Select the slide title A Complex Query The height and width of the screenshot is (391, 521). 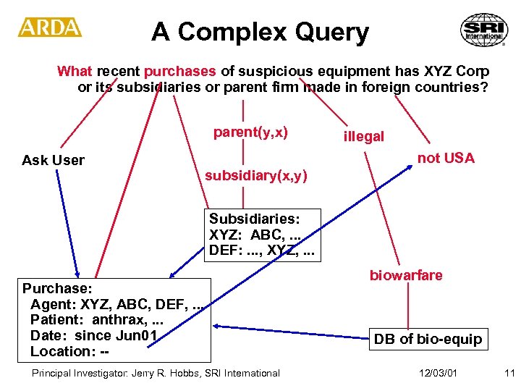tap(260, 32)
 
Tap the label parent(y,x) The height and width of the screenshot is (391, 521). tap(250, 133)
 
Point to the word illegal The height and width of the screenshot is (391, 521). tap(364, 137)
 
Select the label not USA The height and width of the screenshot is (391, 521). tap(446, 159)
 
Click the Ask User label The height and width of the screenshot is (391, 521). tap(53, 160)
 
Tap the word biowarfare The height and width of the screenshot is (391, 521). tap(406, 275)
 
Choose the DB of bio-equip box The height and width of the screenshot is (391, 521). tap(427, 339)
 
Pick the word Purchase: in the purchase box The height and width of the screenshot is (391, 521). tap(56, 287)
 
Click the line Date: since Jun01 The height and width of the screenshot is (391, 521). tap(93, 335)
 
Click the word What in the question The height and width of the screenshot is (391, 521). tap(75, 71)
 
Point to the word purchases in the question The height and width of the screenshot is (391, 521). tap(179, 71)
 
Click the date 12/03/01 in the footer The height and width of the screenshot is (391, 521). tap(438, 373)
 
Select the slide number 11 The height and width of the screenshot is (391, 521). tap(509, 373)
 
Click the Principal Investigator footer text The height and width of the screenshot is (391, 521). tap(155, 373)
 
